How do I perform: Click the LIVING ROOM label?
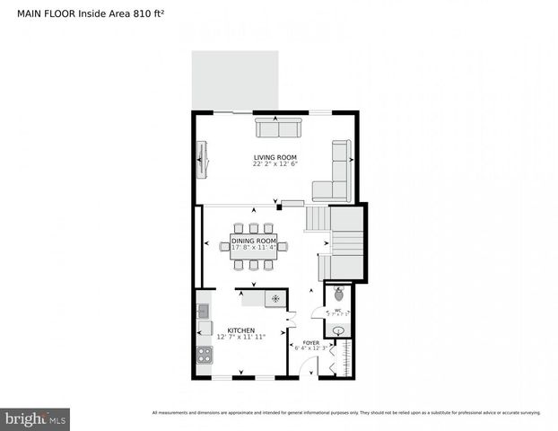pyautogui.click(x=275, y=157)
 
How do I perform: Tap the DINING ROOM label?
pyautogui.click(x=254, y=240)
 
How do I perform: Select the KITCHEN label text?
pyautogui.click(x=241, y=330)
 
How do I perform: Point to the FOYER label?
pyautogui.click(x=310, y=342)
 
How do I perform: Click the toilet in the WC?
pyautogui.click(x=339, y=294)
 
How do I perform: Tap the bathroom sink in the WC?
pyautogui.click(x=339, y=331)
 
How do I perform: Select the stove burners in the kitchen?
pyautogui.click(x=204, y=353)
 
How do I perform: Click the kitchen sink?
pyautogui.click(x=204, y=312)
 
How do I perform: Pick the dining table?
pyautogui.click(x=254, y=246)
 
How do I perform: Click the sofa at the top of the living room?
pyautogui.click(x=278, y=128)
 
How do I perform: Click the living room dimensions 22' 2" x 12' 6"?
pyautogui.click(x=275, y=164)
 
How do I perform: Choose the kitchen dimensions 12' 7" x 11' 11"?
pyautogui.click(x=241, y=337)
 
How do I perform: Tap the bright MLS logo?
pyautogui.click(x=35, y=418)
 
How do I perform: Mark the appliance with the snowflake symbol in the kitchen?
pyautogui.click(x=276, y=298)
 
